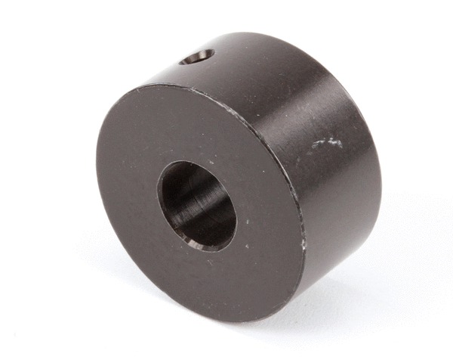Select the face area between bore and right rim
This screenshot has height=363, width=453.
coord(268,212)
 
